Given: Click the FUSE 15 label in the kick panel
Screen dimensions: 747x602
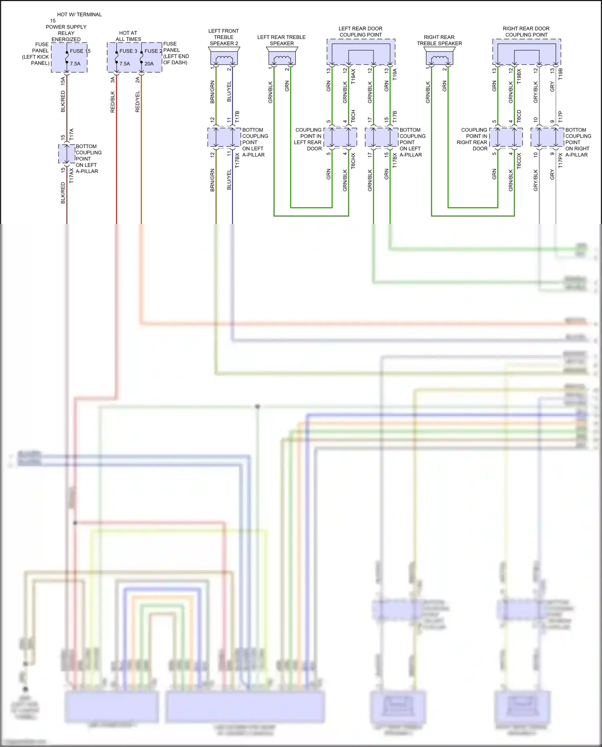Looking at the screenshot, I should tap(80, 51).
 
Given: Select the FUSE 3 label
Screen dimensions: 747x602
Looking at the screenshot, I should tap(128, 51).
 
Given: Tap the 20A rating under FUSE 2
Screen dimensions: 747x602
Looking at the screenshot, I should tap(149, 63).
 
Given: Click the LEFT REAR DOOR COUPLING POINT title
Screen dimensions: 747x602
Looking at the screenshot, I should tap(360, 32).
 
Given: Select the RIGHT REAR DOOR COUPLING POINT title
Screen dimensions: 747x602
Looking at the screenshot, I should tap(526, 32).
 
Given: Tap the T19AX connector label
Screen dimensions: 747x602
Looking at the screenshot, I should tap(353, 76).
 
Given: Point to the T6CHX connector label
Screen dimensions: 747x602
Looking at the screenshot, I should tap(353, 161).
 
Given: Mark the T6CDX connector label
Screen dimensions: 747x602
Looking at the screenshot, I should tap(519, 161).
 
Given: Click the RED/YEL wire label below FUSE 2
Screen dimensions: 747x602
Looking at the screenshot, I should tap(138, 102).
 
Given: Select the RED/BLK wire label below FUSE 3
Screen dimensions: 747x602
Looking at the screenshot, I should tap(113, 102).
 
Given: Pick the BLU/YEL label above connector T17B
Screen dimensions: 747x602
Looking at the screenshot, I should tap(229, 92).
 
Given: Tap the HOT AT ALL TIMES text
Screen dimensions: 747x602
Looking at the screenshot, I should tap(128, 36).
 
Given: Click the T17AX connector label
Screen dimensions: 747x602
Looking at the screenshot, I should tap(71, 176).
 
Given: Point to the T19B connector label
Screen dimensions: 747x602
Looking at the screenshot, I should tap(560, 74).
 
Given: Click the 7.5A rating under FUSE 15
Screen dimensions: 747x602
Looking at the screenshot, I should tap(75, 63).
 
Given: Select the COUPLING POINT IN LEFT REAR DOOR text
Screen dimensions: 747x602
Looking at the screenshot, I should tap(308, 139).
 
